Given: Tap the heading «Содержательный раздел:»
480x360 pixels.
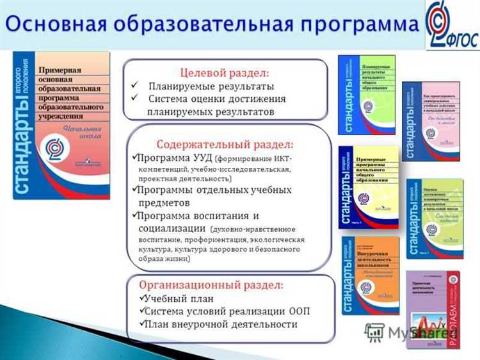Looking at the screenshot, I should tap(225, 144).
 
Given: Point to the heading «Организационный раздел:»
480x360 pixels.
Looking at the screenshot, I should tap(211, 285).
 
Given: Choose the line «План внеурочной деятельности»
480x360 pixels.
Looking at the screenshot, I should tap(221, 324).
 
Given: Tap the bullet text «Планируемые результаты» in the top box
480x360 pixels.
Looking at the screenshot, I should tap(211, 86).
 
